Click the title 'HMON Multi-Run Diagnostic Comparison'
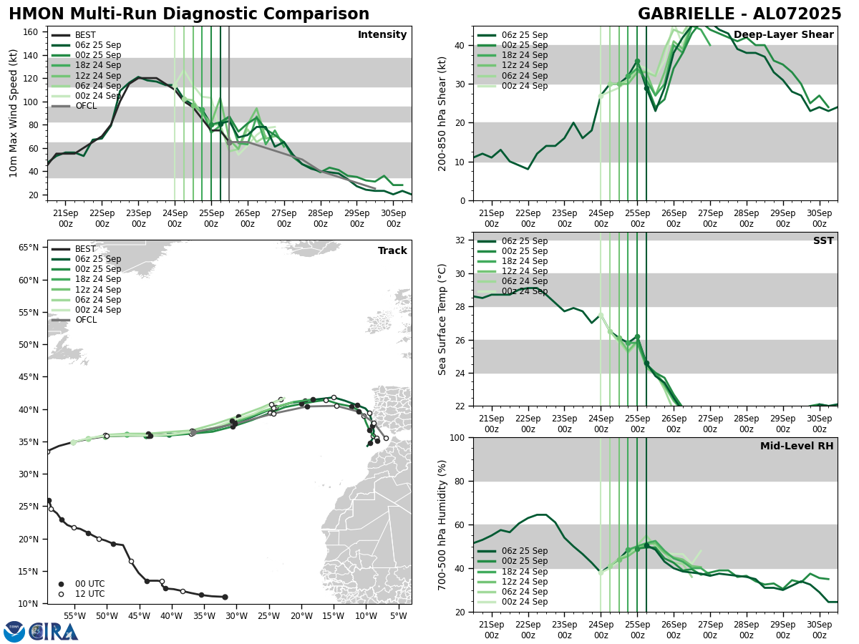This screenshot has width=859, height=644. click(x=189, y=14)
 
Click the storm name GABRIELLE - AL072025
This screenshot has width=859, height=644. click(x=739, y=14)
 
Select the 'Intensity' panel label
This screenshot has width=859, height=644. click(x=382, y=35)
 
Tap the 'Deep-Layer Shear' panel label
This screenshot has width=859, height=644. click(x=783, y=35)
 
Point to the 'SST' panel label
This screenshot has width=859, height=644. click(x=823, y=241)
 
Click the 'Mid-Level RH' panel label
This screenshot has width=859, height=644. click(x=797, y=447)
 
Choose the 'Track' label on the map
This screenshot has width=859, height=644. click(x=392, y=251)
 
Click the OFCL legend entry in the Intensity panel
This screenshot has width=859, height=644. click(x=86, y=106)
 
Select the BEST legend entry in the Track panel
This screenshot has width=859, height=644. click(x=85, y=249)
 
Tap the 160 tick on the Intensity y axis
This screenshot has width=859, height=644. click(x=31, y=31)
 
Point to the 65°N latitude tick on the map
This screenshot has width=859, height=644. click(x=29, y=248)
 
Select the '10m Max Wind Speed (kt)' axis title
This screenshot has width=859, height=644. click(x=14, y=113)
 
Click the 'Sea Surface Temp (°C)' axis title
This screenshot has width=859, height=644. click(x=442, y=319)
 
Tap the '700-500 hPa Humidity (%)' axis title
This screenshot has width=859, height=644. click(x=442, y=525)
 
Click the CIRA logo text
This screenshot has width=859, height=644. click(x=54, y=631)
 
